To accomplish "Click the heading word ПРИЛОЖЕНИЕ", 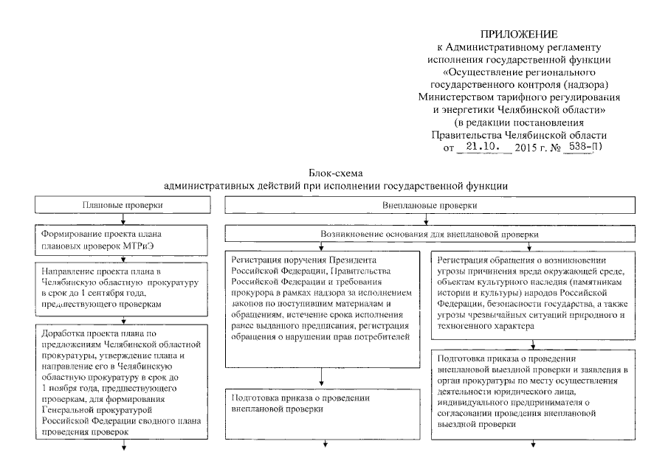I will tap(518, 34).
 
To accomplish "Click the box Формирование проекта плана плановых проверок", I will tap(123, 240).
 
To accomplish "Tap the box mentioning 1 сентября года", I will tap(123, 286).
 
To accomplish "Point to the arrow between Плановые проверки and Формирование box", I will tap(123, 218).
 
